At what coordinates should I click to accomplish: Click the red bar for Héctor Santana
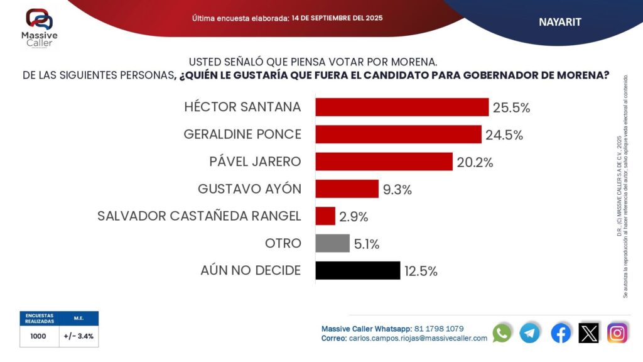[x=402, y=107]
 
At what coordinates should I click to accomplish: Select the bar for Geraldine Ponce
[x=398, y=134]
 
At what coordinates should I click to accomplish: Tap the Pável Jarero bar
[x=384, y=162]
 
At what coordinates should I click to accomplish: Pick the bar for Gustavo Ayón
[x=347, y=189]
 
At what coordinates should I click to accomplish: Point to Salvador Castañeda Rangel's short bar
[x=325, y=216]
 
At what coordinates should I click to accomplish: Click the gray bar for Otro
[x=332, y=243]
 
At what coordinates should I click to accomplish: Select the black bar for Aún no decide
[x=357, y=270]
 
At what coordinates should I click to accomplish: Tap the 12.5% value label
[x=421, y=271]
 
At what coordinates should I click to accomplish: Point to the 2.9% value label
[x=354, y=217]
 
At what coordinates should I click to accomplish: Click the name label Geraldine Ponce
[x=242, y=134]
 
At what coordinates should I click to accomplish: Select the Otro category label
[x=283, y=243]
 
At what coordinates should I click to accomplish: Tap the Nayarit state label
[x=560, y=22]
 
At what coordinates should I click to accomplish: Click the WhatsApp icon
[x=502, y=332]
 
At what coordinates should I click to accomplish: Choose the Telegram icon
[x=530, y=332]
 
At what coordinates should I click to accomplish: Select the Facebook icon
[x=561, y=332]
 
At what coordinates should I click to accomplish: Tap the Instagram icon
[x=618, y=332]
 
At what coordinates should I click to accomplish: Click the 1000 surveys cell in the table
[x=38, y=336]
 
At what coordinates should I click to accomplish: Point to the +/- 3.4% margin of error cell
[x=78, y=336]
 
